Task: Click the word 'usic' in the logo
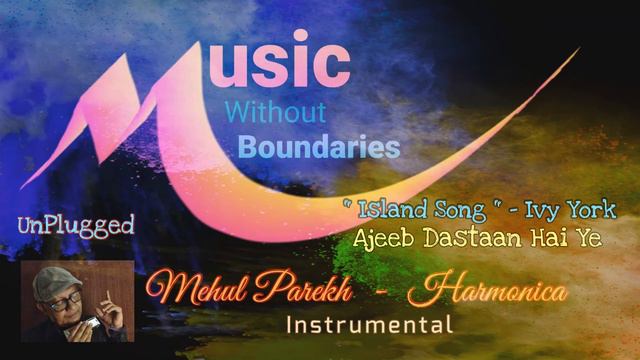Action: coord(285,65)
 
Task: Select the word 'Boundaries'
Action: coord(318,148)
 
